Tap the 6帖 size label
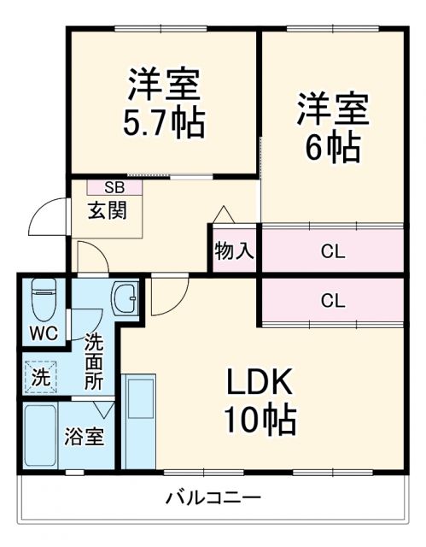pos(332,147)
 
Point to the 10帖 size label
pos(260,419)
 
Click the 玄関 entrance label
pos(107,210)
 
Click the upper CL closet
pos(332,251)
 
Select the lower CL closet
pos(332,300)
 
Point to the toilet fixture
pos(43,299)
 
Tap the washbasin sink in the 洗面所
pos(126,299)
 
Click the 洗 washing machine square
pos(41,373)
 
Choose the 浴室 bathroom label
pos(85,436)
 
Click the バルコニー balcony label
pos(213,497)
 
